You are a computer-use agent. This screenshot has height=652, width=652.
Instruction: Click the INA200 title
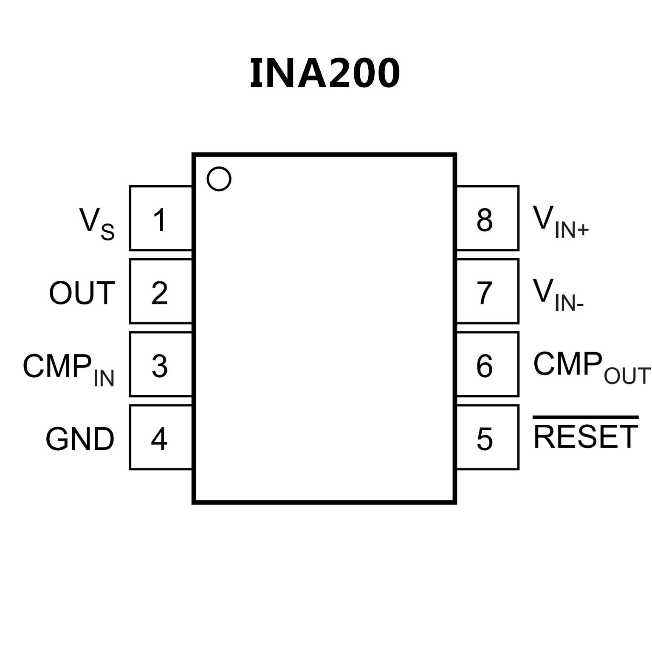[325, 73]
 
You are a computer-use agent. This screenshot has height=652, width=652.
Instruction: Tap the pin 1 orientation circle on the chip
[219, 179]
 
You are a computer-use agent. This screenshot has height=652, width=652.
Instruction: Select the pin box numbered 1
[161, 218]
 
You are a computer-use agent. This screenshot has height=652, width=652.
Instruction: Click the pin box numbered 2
[161, 291]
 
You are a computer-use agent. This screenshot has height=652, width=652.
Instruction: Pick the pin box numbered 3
[161, 364]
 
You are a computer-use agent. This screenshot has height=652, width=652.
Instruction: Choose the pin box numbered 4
[161, 437]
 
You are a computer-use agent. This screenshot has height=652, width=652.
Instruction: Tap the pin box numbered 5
[488, 437]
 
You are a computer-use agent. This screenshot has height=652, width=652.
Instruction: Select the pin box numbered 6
[488, 364]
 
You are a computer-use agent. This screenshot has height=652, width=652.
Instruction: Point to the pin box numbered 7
[488, 291]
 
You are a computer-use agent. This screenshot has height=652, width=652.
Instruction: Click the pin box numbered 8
[488, 218]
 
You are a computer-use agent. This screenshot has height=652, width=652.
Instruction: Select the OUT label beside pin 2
[82, 293]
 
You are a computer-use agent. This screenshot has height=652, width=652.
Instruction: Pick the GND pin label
[80, 439]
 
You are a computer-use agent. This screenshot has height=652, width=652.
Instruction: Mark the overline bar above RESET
[586, 418]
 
